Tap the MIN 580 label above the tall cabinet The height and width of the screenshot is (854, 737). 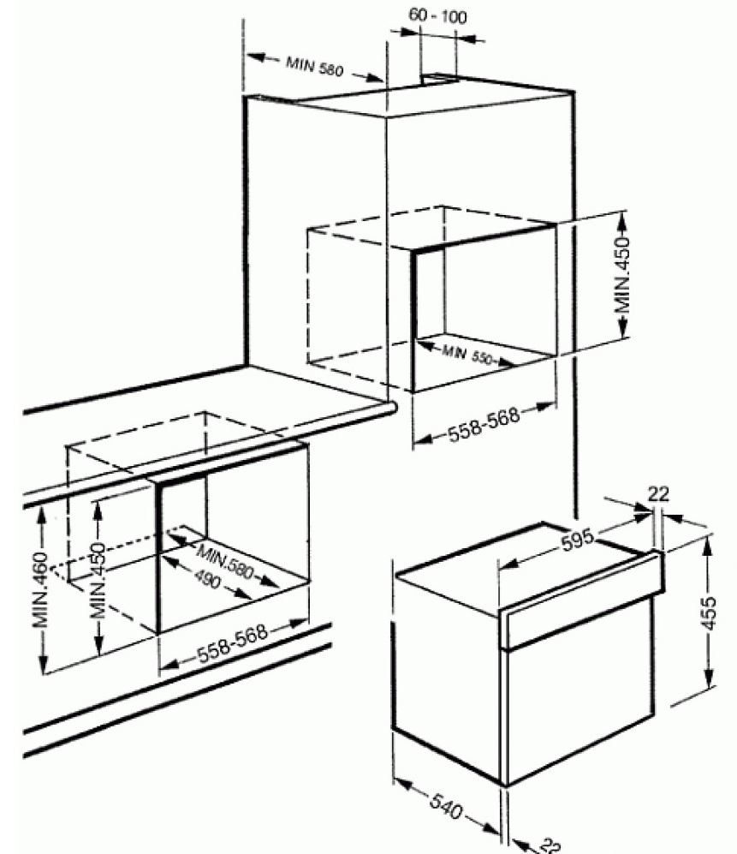coord(315,67)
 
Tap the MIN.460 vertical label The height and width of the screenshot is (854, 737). coord(40,589)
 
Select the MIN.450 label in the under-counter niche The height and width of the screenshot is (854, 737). coord(98,581)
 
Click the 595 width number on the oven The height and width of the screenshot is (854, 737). coord(578,540)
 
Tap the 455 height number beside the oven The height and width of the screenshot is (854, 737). coord(709,613)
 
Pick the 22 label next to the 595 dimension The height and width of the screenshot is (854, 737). coord(657,494)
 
